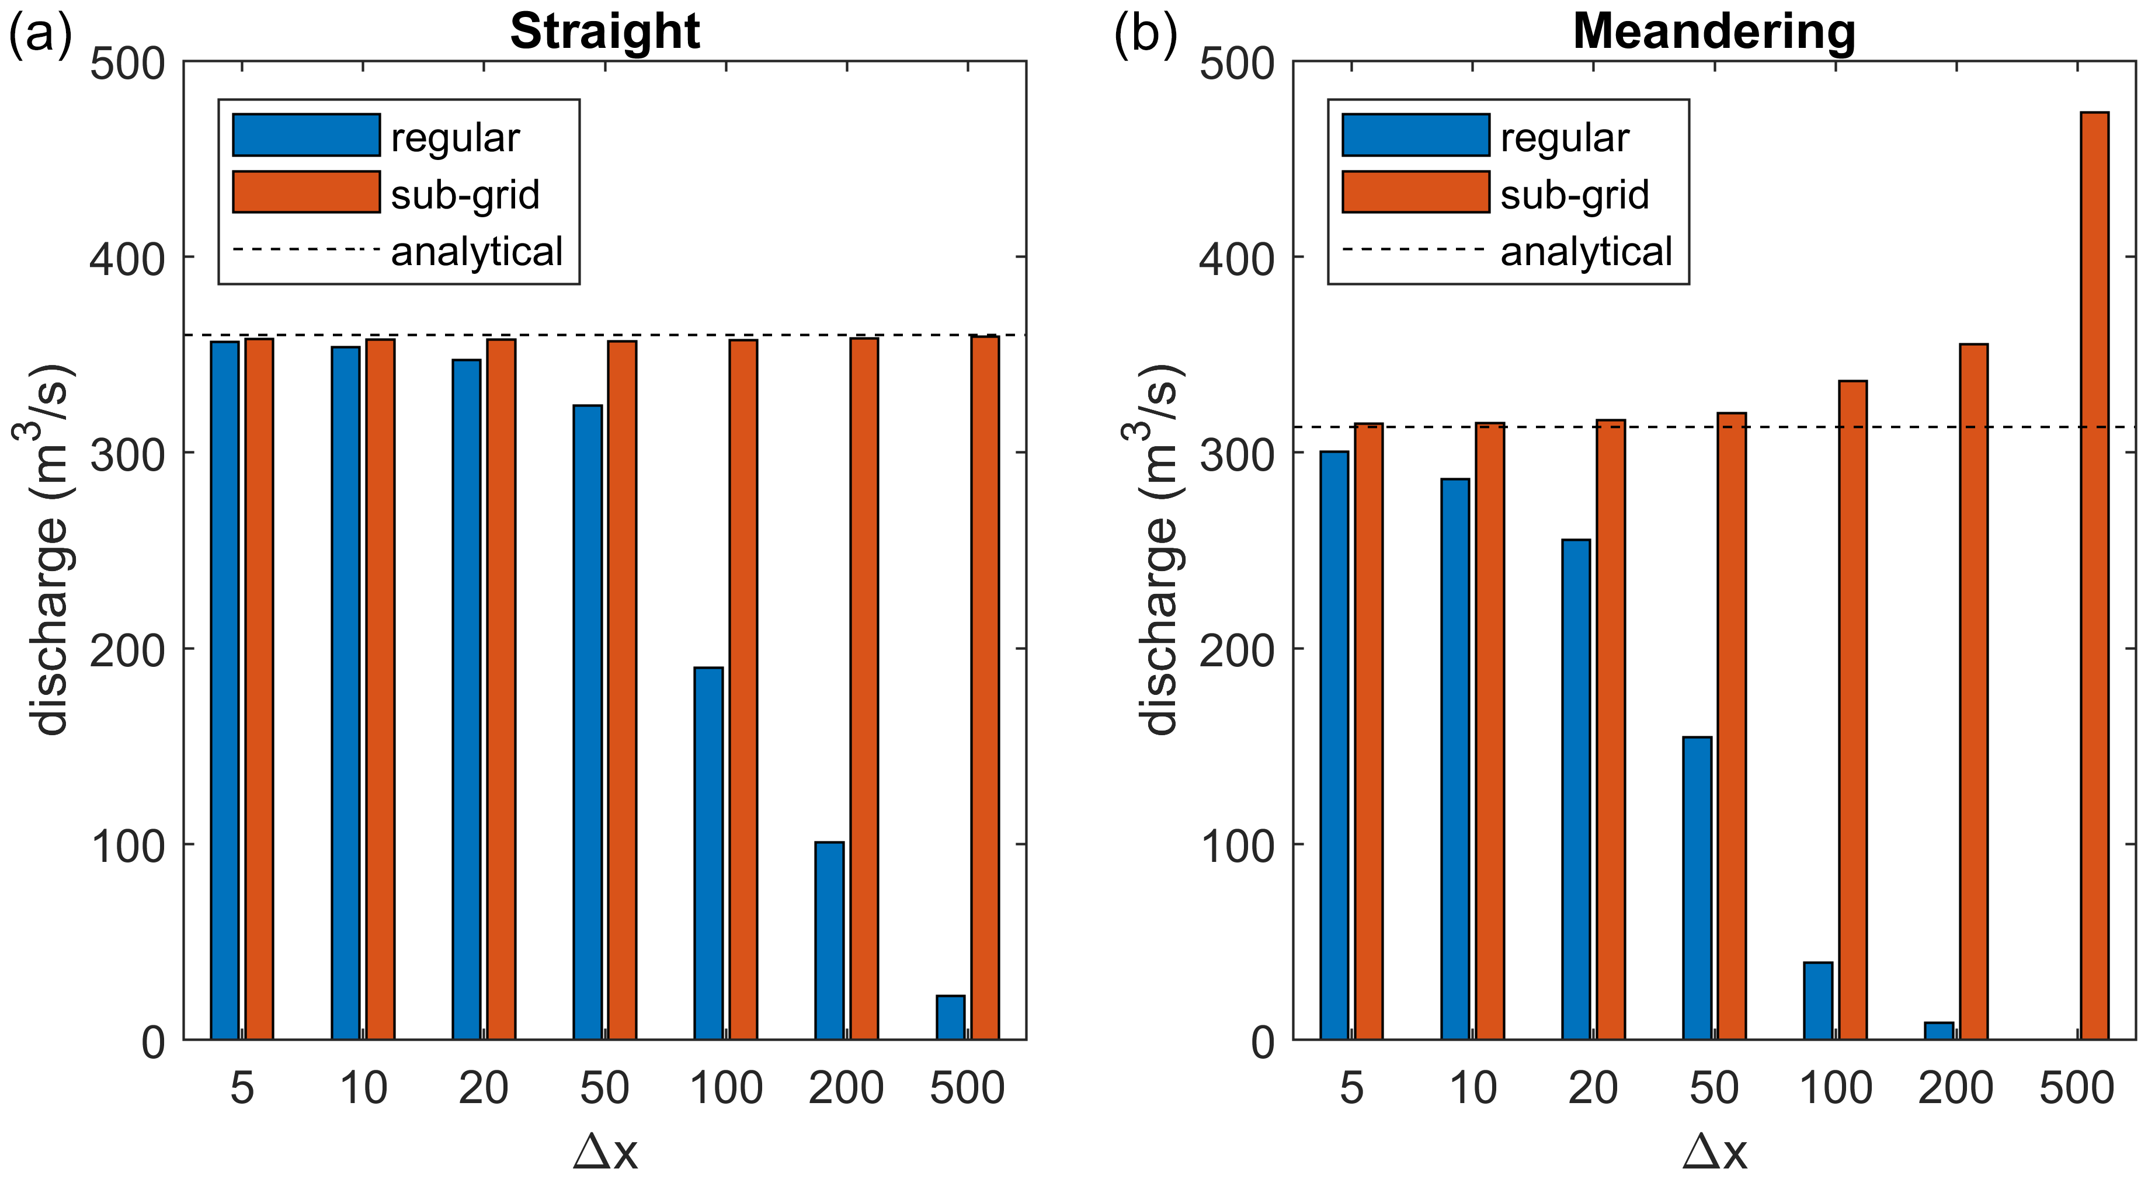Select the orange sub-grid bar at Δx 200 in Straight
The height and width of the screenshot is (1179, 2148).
[864, 688]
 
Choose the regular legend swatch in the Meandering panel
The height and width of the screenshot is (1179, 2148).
[1415, 135]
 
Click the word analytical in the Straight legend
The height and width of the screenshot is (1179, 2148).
[477, 251]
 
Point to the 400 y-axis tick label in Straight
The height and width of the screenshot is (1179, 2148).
[127, 259]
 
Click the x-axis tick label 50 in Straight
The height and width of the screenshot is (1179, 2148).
[604, 1087]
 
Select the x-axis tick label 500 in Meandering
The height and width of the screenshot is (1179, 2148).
[2076, 1087]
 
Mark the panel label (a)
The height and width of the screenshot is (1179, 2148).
[40, 33]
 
